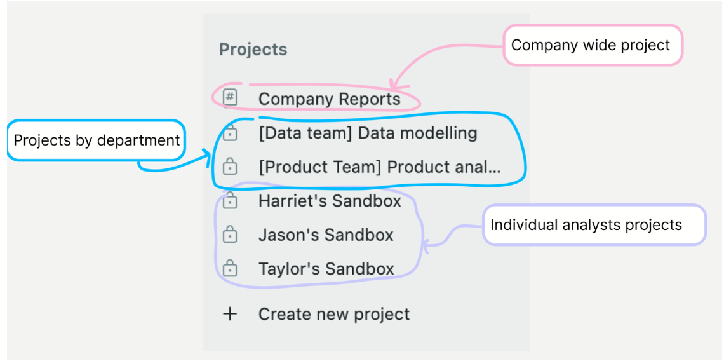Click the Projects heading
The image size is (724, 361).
coord(253,50)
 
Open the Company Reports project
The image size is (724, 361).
coord(329,99)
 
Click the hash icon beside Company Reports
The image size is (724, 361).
coord(230,97)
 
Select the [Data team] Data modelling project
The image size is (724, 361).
coord(368,133)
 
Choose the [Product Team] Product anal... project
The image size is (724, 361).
coord(379,167)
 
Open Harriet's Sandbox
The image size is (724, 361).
coord(330,201)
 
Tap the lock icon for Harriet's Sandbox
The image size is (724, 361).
coord(230,201)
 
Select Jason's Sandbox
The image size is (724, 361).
coord(326,235)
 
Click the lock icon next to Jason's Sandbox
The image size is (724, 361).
coord(230,235)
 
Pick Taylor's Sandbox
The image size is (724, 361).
coord(326,268)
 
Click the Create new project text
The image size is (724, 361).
coord(334,314)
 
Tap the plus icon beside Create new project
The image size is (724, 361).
coord(230,314)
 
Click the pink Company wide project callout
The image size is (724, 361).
coord(591,45)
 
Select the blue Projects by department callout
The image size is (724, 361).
coord(97,140)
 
